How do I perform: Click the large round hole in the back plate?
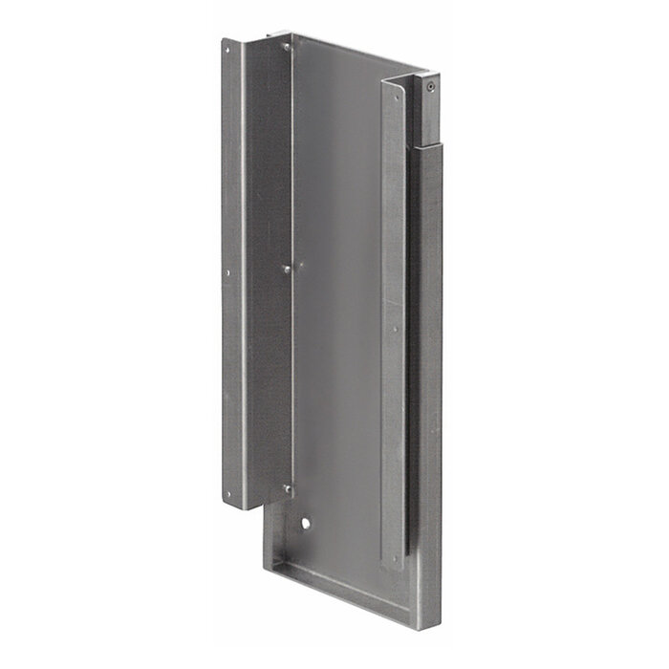(305, 525)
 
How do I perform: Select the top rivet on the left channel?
(286, 47)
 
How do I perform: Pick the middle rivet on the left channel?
(287, 270)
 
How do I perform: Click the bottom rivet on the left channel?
(286, 489)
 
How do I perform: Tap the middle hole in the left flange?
(227, 273)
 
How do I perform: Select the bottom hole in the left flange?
(227, 494)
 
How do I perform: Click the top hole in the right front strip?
(395, 93)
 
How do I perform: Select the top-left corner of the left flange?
(224, 41)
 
